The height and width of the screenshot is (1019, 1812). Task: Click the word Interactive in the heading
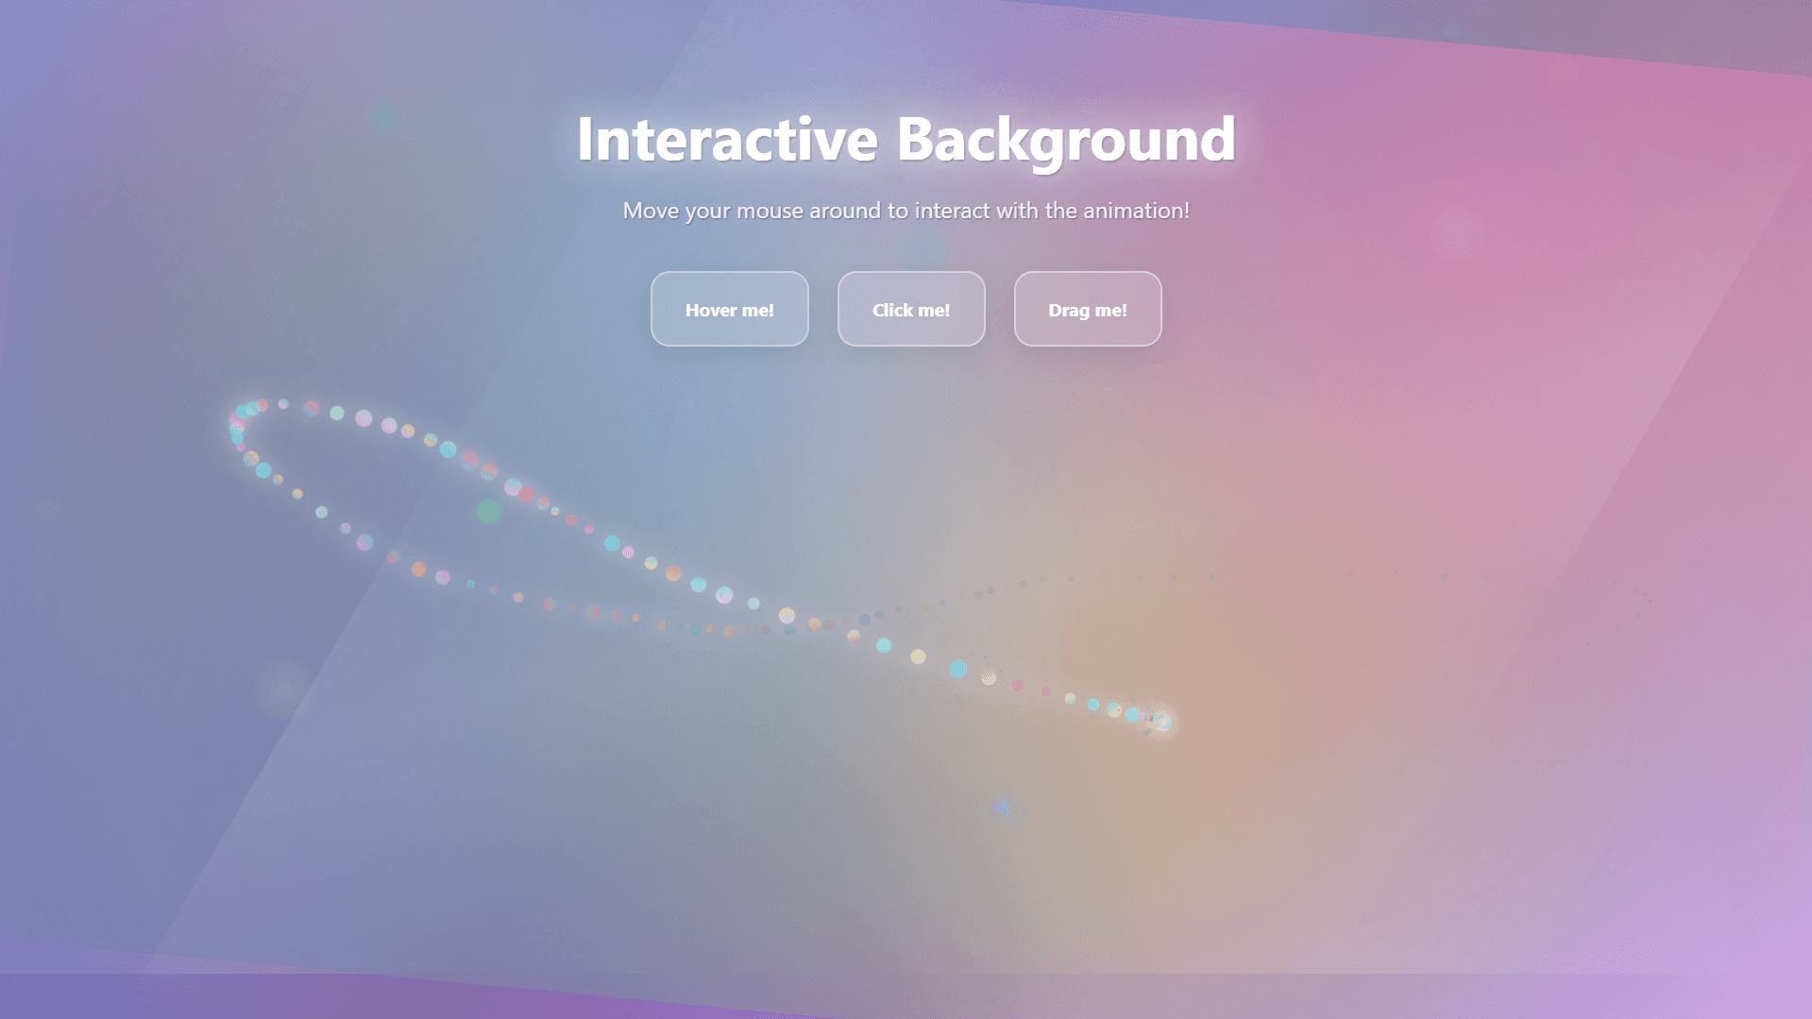(x=727, y=140)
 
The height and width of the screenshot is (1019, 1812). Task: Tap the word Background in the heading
(x=1065, y=140)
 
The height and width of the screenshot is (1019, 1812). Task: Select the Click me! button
(x=911, y=310)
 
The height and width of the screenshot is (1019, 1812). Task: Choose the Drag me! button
(x=1088, y=310)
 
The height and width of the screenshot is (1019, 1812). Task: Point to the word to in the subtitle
(x=896, y=211)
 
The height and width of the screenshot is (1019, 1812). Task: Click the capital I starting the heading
(x=585, y=140)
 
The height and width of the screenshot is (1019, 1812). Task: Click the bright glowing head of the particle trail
(x=1162, y=722)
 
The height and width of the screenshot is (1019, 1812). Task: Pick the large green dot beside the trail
(x=489, y=512)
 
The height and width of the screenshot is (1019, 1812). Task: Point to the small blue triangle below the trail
(x=1003, y=808)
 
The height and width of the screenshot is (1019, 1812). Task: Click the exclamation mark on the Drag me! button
(x=1124, y=310)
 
